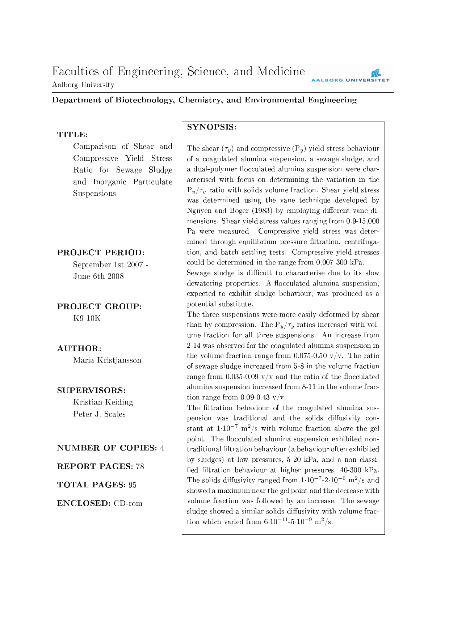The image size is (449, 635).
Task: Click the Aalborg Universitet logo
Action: pyautogui.click(x=350, y=76)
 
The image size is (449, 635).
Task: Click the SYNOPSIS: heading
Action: pyautogui.click(x=211, y=127)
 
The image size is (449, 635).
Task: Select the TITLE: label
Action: pyautogui.click(x=72, y=135)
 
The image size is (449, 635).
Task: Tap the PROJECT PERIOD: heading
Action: pyautogui.click(x=101, y=253)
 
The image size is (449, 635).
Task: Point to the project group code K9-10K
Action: pyautogui.click(x=87, y=318)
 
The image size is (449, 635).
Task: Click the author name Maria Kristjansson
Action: pyautogui.click(x=107, y=360)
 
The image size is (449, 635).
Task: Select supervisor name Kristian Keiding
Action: pyautogui.click(x=103, y=402)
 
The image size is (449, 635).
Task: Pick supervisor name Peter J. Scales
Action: pyautogui.click(x=99, y=414)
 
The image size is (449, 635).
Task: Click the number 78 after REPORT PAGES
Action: pyautogui.click(x=140, y=467)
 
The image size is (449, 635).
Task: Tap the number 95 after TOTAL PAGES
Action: pyautogui.click(x=133, y=485)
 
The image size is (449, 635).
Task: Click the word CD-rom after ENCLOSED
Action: pyautogui.click(x=128, y=504)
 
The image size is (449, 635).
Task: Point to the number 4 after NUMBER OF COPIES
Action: pyautogui.click(x=162, y=448)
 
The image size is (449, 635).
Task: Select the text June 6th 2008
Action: pyautogui.click(x=98, y=276)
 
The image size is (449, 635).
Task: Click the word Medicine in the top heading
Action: pyautogui.click(x=281, y=72)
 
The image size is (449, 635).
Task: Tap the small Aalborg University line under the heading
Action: pyautogui.click(x=83, y=85)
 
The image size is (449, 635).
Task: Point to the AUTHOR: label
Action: pyautogui.click(x=79, y=349)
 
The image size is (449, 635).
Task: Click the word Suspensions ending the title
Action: pyautogui.click(x=94, y=194)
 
